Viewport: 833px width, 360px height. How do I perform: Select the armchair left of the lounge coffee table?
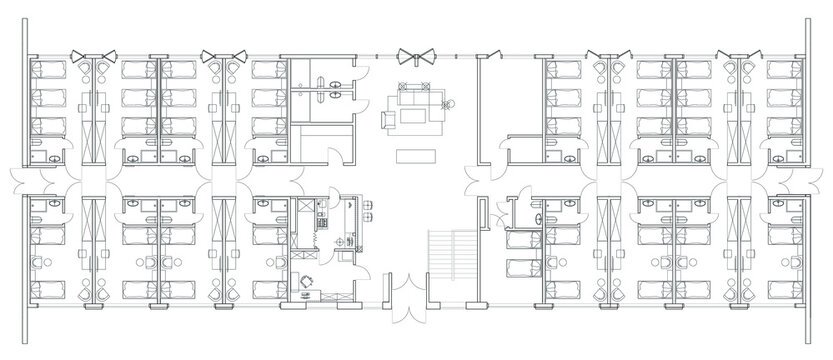coord(388,118)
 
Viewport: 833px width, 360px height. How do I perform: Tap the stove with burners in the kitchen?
coord(322,213)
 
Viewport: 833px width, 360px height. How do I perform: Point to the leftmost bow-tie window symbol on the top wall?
coord(104,57)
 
